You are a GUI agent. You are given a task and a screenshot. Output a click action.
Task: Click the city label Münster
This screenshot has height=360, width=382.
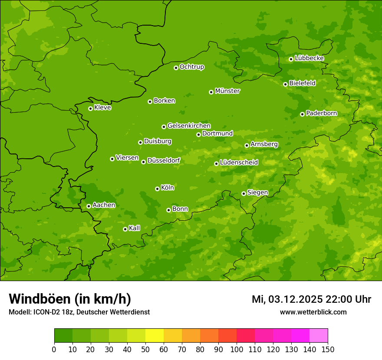[227, 91]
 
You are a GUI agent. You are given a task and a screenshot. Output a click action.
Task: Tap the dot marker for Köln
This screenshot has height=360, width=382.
[157, 189]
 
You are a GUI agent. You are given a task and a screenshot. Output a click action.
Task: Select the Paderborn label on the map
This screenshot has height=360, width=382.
[322, 113]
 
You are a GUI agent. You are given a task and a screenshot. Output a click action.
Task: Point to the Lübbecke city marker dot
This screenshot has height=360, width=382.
[291, 59]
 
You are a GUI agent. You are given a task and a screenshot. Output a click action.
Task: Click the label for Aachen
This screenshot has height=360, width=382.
[104, 205]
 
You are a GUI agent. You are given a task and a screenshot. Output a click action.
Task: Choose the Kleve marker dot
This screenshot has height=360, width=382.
[90, 108]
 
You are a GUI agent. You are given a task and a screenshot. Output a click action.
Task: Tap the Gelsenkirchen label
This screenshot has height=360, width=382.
[189, 126]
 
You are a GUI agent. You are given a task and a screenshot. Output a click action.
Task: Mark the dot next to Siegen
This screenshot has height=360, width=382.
[244, 193]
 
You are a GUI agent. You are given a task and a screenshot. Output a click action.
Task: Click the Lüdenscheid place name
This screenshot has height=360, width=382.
[239, 163]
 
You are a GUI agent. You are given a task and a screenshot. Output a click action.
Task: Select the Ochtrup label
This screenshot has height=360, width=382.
[192, 67]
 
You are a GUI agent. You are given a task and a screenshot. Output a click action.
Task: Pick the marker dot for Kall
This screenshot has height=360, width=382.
[125, 229]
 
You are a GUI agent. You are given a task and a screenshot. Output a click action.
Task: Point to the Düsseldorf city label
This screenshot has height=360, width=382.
[164, 161]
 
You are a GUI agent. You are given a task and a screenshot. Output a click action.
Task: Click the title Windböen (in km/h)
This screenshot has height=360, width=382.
[70, 299]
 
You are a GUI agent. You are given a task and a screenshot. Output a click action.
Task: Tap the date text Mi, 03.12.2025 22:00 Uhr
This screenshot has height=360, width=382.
[311, 299]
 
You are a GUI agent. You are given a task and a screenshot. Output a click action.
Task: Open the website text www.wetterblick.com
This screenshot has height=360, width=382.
[313, 312]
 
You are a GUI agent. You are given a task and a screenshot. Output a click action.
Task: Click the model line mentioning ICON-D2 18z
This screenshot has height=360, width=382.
[79, 312]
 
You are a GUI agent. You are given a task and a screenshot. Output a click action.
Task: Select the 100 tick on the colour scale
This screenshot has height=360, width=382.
[237, 349]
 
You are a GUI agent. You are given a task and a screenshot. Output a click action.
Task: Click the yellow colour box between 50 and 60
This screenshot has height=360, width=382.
[155, 336]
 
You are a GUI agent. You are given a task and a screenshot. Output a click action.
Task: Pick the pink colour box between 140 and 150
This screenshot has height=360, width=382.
[319, 336]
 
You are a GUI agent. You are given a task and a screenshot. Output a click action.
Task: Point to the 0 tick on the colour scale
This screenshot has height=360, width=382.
[54, 349]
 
